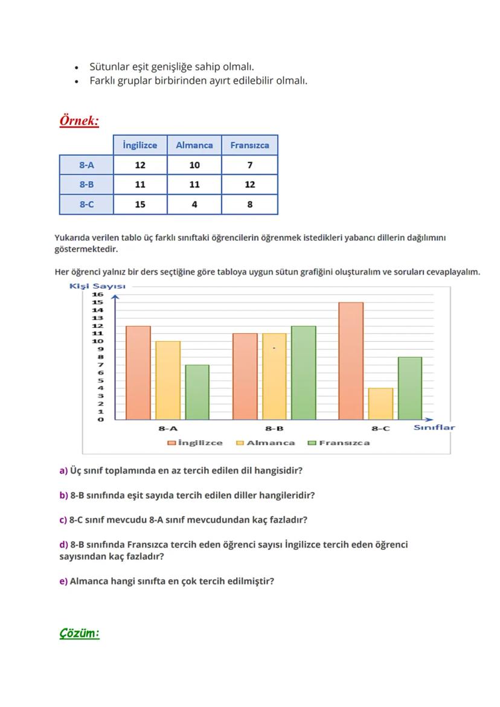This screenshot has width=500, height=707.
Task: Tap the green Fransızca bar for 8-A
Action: pyautogui.click(x=197, y=392)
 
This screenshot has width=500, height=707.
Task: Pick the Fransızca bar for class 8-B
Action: pyautogui.click(x=304, y=373)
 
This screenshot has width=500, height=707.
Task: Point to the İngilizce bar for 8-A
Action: pyautogui.click(x=138, y=373)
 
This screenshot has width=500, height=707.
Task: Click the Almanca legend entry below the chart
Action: pyautogui.click(x=266, y=443)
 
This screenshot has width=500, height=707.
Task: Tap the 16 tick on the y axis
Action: pyautogui.click(x=97, y=294)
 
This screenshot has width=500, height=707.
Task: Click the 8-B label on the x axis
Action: pyautogui.click(x=274, y=429)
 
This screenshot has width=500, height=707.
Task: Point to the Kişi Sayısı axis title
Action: pyautogui.click(x=97, y=286)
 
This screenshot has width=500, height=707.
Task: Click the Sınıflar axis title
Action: pyautogui.click(x=434, y=427)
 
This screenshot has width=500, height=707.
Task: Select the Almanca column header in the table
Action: pyautogui.click(x=194, y=145)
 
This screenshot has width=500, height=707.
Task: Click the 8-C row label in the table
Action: pyautogui.click(x=86, y=205)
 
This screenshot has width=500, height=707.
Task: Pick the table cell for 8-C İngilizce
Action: pyautogui.click(x=140, y=205)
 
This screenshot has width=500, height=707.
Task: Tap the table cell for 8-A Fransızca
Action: pyautogui.click(x=249, y=165)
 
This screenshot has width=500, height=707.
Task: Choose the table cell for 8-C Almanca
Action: pyautogui.click(x=194, y=205)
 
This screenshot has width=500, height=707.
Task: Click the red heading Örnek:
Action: pyautogui.click(x=79, y=121)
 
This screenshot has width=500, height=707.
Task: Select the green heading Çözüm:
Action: pyautogui.click(x=79, y=633)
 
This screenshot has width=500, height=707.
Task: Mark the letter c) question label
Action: pyautogui.click(x=63, y=520)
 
